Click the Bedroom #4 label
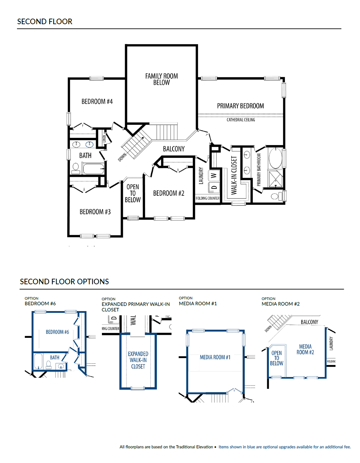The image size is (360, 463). coord(97,101)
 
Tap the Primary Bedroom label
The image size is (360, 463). coord(240,106)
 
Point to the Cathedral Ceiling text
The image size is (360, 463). coord(241,120)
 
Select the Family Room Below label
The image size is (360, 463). coord(161,79)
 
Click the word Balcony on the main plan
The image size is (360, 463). coord(174,149)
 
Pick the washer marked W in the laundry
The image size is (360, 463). coord(214,176)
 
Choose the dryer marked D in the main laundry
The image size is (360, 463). coord(214,187)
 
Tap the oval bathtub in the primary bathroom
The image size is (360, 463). coord(275,158)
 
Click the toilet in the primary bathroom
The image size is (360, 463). coord(277,196)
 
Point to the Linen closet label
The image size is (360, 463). coord(104,139)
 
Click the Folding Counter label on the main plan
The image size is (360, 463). coord(207,198)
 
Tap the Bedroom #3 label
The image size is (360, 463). coord(95,212)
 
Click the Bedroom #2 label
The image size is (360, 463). coord(169,193)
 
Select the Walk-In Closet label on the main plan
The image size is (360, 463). coord(234,175)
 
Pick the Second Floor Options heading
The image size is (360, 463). coord(64,281)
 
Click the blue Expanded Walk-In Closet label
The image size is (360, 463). coord(138,360)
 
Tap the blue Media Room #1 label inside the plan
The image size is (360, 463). coord(215,357)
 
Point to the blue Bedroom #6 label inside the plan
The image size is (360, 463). coord(57,332)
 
